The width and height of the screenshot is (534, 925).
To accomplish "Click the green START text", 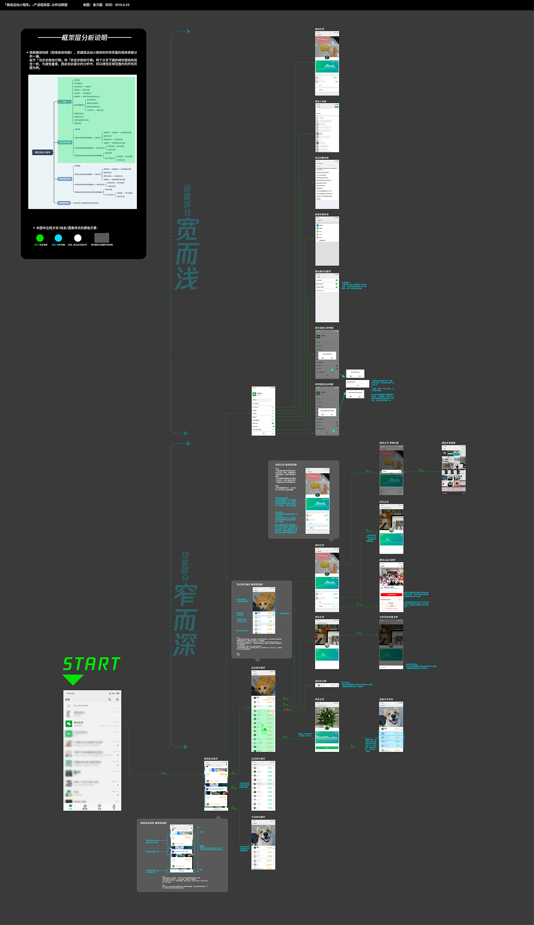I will click(x=92, y=664).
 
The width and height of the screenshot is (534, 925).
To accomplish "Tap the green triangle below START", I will click(x=73, y=680).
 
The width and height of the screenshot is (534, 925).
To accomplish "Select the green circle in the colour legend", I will click(x=40, y=238).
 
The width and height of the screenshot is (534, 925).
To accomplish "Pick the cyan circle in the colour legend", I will click(x=58, y=238).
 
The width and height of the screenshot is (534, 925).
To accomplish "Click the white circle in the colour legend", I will click(x=78, y=238).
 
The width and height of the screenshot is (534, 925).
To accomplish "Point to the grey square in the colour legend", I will click(x=102, y=238).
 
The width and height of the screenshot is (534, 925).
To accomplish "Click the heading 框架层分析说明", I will click(x=84, y=38).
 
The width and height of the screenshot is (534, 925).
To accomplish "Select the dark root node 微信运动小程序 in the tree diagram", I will click(x=43, y=152).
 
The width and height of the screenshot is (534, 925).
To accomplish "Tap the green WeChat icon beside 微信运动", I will click(x=69, y=724).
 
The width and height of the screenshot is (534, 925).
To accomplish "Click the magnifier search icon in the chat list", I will click(x=110, y=699).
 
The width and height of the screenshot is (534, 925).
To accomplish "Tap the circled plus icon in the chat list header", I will click(x=117, y=699).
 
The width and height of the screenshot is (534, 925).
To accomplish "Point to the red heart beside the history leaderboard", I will click(x=287, y=709).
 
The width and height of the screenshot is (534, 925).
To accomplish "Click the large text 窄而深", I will click(x=186, y=620).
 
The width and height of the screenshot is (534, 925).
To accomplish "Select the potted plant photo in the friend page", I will click(x=327, y=717).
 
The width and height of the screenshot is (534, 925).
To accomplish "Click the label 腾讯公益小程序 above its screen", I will click(x=387, y=560).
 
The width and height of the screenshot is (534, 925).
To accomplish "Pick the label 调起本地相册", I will click(x=448, y=443).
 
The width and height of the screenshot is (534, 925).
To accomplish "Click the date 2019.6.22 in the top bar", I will click(x=122, y=5).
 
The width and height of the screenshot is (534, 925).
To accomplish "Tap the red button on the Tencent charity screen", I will click(x=391, y=594).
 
